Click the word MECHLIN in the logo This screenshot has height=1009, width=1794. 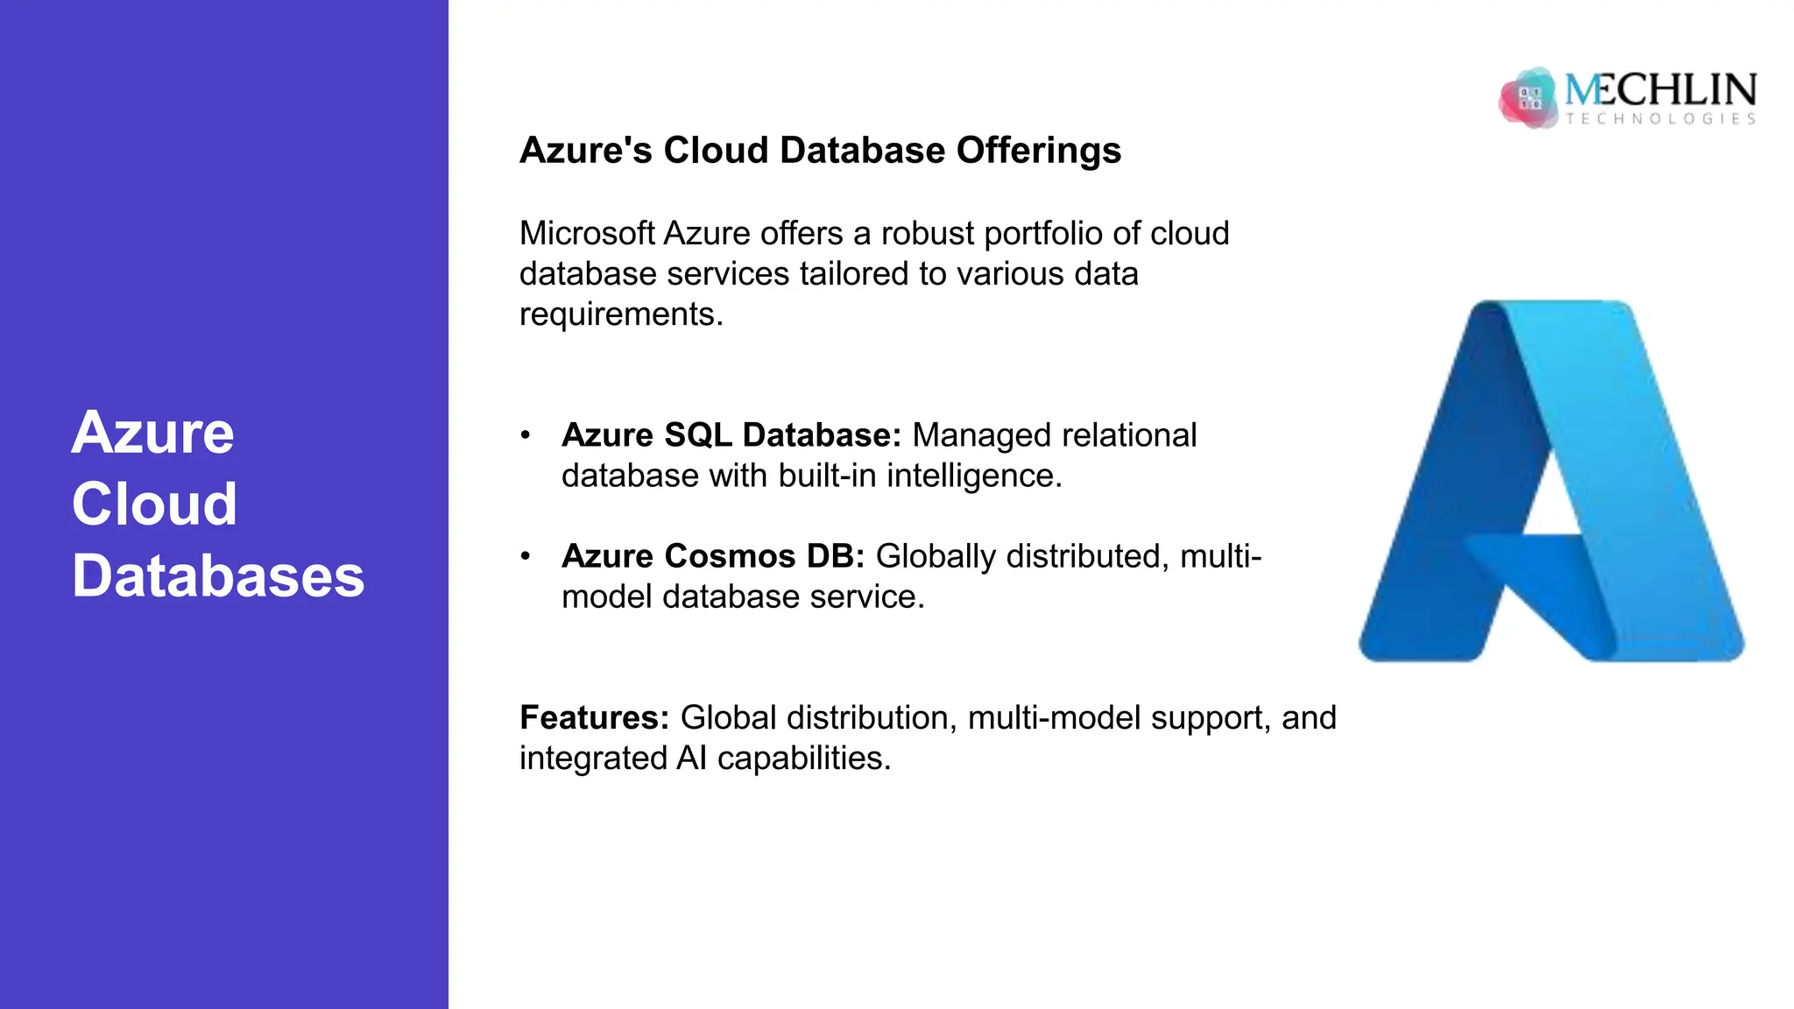pos(1661,89)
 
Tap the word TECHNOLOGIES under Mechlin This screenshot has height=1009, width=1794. pos(1661,119)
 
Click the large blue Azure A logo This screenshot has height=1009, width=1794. pos(1551,482)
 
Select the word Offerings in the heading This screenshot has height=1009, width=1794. pos(1038,151)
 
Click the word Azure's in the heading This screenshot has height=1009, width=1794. pos(585,151)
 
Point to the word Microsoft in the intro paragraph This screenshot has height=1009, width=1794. pos(587,234)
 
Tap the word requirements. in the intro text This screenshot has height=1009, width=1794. pos(621,314)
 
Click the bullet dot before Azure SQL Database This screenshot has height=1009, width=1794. pos(526,435)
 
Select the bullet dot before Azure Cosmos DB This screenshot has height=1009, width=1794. pos(526,556)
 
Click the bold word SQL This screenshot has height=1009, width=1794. pos(697,435)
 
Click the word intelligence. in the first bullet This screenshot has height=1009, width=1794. pos(974,476)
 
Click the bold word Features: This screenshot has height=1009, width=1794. pos(594,718)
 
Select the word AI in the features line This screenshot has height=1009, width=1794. pos(691,759)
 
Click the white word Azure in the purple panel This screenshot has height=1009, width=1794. pos(153,433)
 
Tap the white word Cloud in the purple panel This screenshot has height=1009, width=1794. pos(155,504)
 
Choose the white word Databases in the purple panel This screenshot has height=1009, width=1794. pos(218,576)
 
